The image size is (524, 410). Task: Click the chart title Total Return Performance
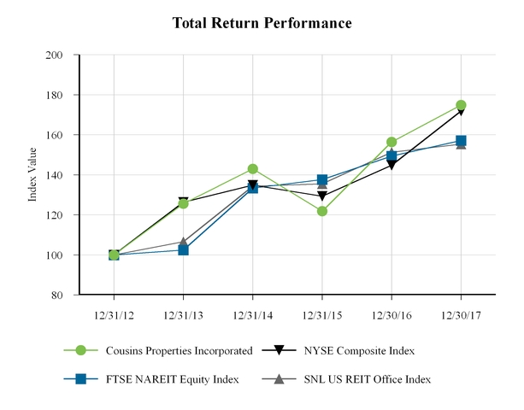click(x=262, y=23)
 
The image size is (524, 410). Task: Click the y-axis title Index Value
click(x=33, y=175)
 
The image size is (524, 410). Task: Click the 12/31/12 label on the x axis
click(x=114, y=313)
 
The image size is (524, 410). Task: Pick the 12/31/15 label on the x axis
click(x=322, y=313)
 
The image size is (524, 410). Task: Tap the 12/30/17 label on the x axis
click(x=461, y=313)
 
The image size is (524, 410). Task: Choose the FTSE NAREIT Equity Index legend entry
click(x=171, y=378)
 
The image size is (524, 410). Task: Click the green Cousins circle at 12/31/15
click(x=322, y=211)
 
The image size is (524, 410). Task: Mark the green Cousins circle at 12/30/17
click(x=461, y=105)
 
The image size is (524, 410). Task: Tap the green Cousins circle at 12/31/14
click(x=252, y=169)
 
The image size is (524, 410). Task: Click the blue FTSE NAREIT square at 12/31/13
click(x=183, y=249)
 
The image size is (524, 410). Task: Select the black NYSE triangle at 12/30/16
click(x=392, y=165)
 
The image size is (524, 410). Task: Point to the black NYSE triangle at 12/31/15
click(x=322, y=196)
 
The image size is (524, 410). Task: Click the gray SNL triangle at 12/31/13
click(x=183, y=242)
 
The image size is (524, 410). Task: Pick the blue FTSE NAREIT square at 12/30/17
click(x=461, y=141)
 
